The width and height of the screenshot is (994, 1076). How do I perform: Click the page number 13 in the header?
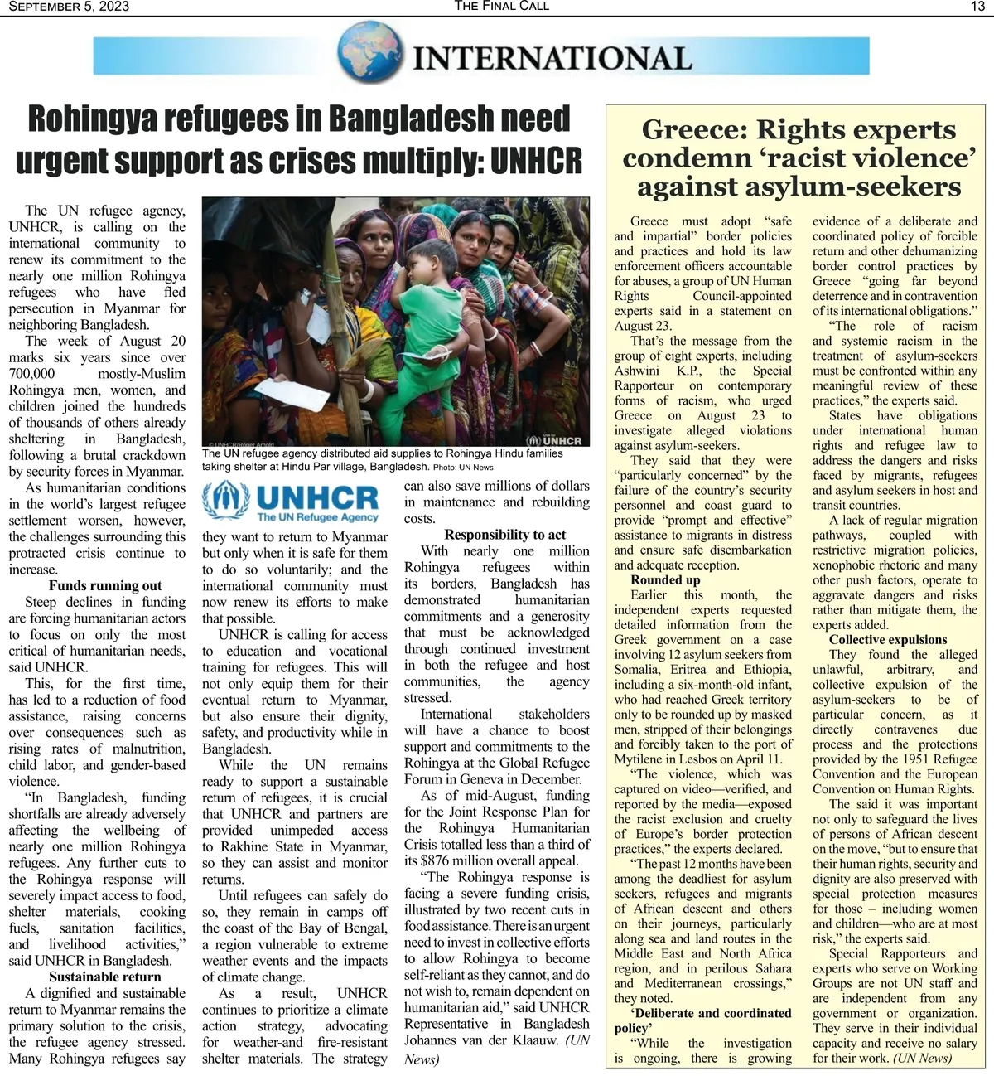[x=977, y=7]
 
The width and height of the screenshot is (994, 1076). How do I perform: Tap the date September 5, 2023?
[x=69, y=7]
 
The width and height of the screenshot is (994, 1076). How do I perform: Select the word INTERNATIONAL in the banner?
[x=552, y=58]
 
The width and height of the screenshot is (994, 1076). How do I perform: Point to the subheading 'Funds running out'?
[x=105, y=585]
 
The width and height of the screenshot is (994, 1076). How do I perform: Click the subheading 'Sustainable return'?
[x=105, y=977]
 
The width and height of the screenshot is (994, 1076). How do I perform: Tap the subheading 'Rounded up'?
[x=665, y=580]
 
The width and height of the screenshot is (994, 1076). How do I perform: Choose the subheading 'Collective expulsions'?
[x=888, y=640]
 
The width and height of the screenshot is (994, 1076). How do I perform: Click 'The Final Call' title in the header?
[x=501, y=7]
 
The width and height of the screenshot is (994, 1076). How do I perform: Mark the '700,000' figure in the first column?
[x=32, y=374]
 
